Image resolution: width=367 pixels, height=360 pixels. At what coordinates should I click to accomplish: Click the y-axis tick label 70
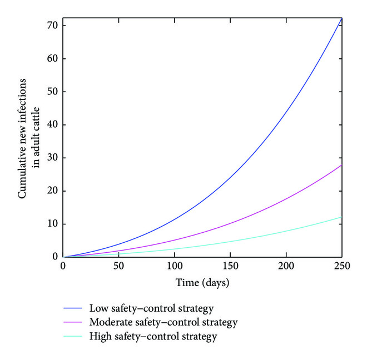point(53,26)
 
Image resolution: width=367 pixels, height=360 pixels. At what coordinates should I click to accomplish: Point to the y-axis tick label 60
point(53,59)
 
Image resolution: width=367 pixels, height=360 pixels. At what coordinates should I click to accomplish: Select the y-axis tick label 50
point(53,92)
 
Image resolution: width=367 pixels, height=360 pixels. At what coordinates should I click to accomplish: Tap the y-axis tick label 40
point(53,125)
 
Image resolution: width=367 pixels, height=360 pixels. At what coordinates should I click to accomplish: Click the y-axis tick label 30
point(53,158)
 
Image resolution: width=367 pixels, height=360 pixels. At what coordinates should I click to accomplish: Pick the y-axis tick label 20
point(53,191)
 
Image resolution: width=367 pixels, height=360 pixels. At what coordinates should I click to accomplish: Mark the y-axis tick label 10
point(53,224)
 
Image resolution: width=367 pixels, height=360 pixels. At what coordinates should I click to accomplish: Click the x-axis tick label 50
point(119,267)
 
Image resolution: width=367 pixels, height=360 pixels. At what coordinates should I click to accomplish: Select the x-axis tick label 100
point(175,267)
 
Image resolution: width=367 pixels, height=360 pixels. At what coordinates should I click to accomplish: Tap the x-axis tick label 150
point(230,267)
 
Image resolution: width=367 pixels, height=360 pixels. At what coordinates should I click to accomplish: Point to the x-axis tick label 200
point(286,267)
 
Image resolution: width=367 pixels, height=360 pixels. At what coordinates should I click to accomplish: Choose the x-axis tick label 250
point(341,267)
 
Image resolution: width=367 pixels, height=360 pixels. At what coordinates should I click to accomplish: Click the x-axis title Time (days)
point(202,283)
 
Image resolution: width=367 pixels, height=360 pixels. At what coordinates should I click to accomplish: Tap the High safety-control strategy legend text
point(148,337)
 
